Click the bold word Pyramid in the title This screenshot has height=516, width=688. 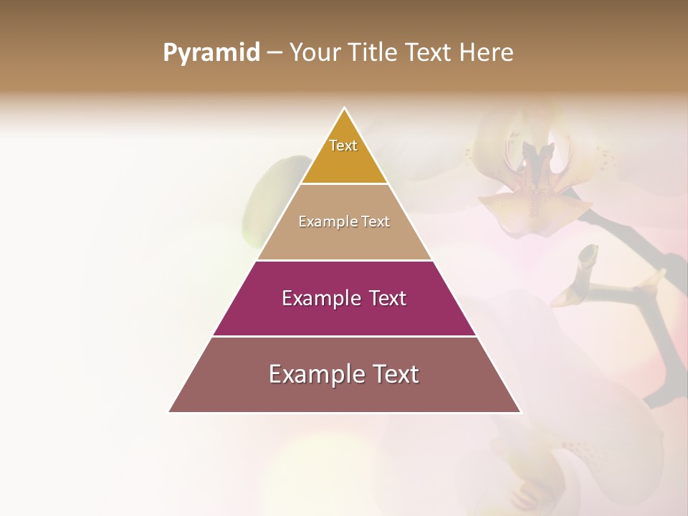click(211, 52)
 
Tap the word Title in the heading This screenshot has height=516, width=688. click(374, 52)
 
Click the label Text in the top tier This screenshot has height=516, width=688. click(343, 145)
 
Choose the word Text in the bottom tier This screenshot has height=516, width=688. click(393, 374)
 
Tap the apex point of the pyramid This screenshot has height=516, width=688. click(345, 107)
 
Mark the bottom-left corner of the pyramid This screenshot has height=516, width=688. click(169, 412)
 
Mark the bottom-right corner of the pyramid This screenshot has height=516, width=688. click(520, 412)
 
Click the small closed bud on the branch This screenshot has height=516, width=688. click(587, 257)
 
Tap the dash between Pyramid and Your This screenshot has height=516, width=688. click(274, 52)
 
